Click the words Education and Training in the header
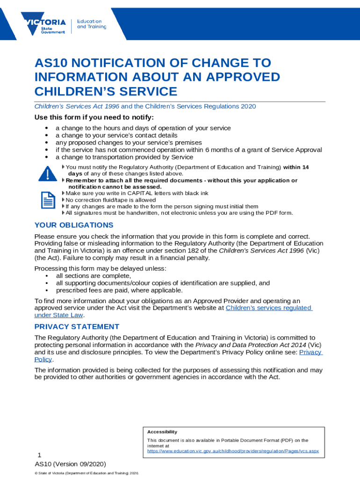91,24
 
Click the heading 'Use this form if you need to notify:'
94,117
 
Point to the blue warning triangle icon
47,174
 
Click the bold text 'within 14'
296,167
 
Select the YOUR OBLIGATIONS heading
74,225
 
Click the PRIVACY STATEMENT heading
77,327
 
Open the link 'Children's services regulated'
268,308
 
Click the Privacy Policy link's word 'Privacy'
310,352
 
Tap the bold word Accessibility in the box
162,432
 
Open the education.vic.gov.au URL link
233,451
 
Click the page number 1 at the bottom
40,455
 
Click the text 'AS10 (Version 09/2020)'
70,464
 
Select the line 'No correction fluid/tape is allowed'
110,200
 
